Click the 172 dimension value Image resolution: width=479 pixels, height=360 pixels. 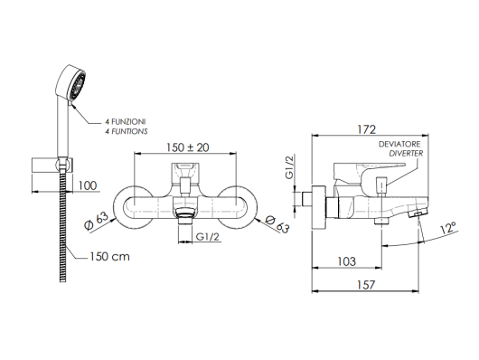coord(366,129)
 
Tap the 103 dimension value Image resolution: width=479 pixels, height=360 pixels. coord(347,261)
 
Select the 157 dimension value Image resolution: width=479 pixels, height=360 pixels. coord(366,285)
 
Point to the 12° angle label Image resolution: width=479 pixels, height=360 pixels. coord(448,228)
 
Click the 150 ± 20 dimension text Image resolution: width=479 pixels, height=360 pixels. coord(188,147)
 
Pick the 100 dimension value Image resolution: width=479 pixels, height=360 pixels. coord(88,185)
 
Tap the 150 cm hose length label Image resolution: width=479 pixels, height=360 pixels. coord(109,256)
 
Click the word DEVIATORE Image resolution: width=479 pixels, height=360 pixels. coord(399,144)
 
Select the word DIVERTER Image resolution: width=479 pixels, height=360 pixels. coord(406,153)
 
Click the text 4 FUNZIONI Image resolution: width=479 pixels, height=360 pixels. coord(126,122)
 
